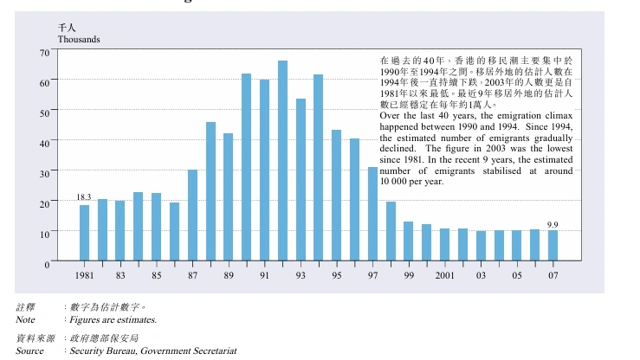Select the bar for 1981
(84, 233)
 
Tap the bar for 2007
(553, 246)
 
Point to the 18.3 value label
(84, 198)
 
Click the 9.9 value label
(553, 224)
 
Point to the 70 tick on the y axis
(44, 53)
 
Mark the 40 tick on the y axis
(44, 142)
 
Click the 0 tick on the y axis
(47, 262)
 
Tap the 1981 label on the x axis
(84, 275)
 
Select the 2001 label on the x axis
(444, 275)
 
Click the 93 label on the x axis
(301, 275)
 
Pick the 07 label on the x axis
(553, 275)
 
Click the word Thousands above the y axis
(79, 40)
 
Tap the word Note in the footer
(25, 319)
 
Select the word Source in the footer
(29, 350)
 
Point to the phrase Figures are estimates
(113, 319)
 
